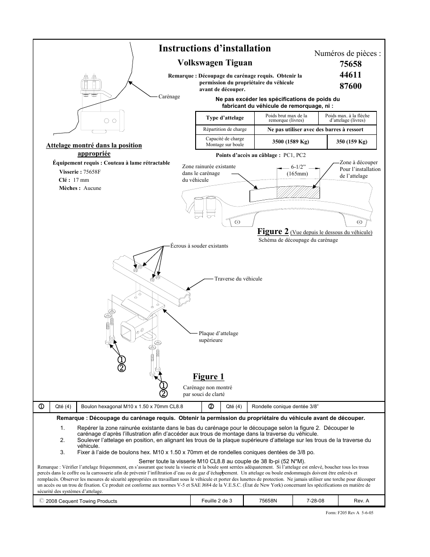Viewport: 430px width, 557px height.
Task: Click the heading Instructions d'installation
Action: [215, 48]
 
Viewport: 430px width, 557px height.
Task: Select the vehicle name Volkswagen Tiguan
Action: [215, 63]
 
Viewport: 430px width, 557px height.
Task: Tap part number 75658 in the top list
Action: [350, 64]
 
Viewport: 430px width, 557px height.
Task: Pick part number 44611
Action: [350, 75]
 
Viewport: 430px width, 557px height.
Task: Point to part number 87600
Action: [350, 86]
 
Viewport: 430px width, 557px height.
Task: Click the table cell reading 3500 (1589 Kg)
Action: [290, 142]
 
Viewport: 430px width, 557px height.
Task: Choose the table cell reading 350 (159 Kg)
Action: [352, 142]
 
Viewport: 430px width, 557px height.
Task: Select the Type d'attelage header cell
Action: [224, 118]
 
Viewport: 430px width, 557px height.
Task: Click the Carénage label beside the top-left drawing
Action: [169, 97]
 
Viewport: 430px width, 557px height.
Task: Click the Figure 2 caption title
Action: [273, 231]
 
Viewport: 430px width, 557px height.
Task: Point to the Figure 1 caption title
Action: [208, 377]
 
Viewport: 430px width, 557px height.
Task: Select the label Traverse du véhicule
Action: [238, 279]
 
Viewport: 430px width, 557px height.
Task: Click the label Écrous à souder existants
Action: [199, 246]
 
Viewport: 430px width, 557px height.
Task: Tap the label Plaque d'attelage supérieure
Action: [218, 336]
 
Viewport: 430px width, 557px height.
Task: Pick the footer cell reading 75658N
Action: [268, 501]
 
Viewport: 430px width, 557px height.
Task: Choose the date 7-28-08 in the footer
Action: [315, 501]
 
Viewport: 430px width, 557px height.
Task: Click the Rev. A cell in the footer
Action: [361, 501]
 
